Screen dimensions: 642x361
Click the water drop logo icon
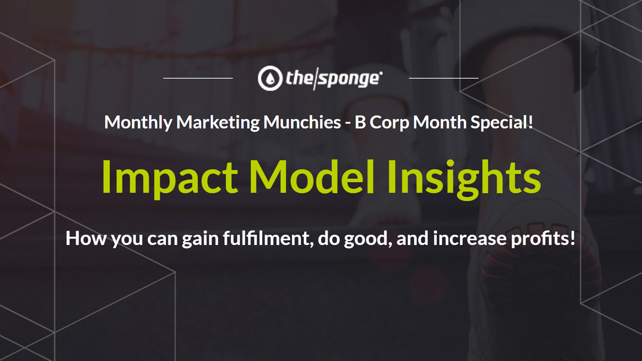coord(270,78)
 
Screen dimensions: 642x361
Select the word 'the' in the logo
coord(299,78)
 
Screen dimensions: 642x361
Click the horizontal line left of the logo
coord(198,78)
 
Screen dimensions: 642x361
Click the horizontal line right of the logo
coord(444,78)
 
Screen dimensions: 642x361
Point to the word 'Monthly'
coord(138,122)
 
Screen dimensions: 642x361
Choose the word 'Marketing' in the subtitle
coord(218,122)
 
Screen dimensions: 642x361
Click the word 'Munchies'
coord(302,122)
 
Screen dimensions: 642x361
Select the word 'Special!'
coord(502,122)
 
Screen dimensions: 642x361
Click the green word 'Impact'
coord(170,178)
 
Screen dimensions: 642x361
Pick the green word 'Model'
coord(311,177)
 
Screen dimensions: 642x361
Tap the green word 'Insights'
coord(464,179)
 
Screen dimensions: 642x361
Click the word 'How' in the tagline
coord(86,239)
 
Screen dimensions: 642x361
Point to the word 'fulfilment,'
coord(268,239)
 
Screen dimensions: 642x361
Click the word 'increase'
coord(470,239)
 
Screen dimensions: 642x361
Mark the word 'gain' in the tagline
coord(200,239)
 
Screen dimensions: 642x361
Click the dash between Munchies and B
coord(348,124)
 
